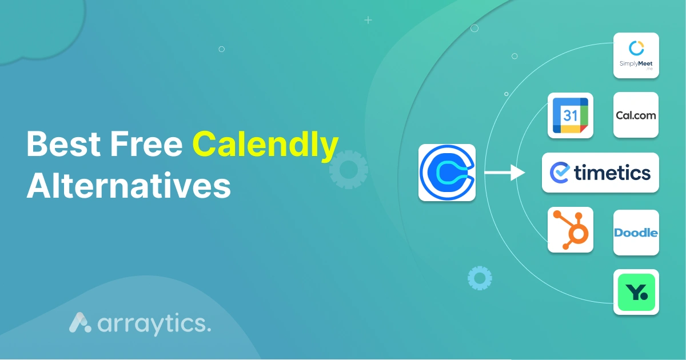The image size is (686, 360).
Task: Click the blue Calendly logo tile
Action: pos(447,173)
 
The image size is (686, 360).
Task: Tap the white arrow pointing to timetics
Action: pos(504,173)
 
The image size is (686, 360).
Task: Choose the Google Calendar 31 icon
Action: pos(571,115)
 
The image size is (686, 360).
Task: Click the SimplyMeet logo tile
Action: pos(636,55)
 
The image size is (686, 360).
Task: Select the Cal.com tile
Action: pos(636,115)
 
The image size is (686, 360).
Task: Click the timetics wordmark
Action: pos(612,173)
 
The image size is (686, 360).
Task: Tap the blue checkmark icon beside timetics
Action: pos(559,173)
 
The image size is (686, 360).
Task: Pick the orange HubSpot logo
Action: pos(571,230)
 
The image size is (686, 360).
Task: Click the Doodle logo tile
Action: pos(636,233)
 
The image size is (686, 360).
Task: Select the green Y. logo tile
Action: pos(636,292)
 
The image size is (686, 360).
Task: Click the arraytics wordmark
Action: pos(154,323)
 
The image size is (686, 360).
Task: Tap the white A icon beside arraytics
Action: pos(80,322)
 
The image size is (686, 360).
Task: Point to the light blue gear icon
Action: pos(479,278)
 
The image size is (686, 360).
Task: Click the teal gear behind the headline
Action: pos(348,170)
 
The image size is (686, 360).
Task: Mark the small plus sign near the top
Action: pos(368,20)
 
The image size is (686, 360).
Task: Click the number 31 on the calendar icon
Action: pos(570,116)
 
